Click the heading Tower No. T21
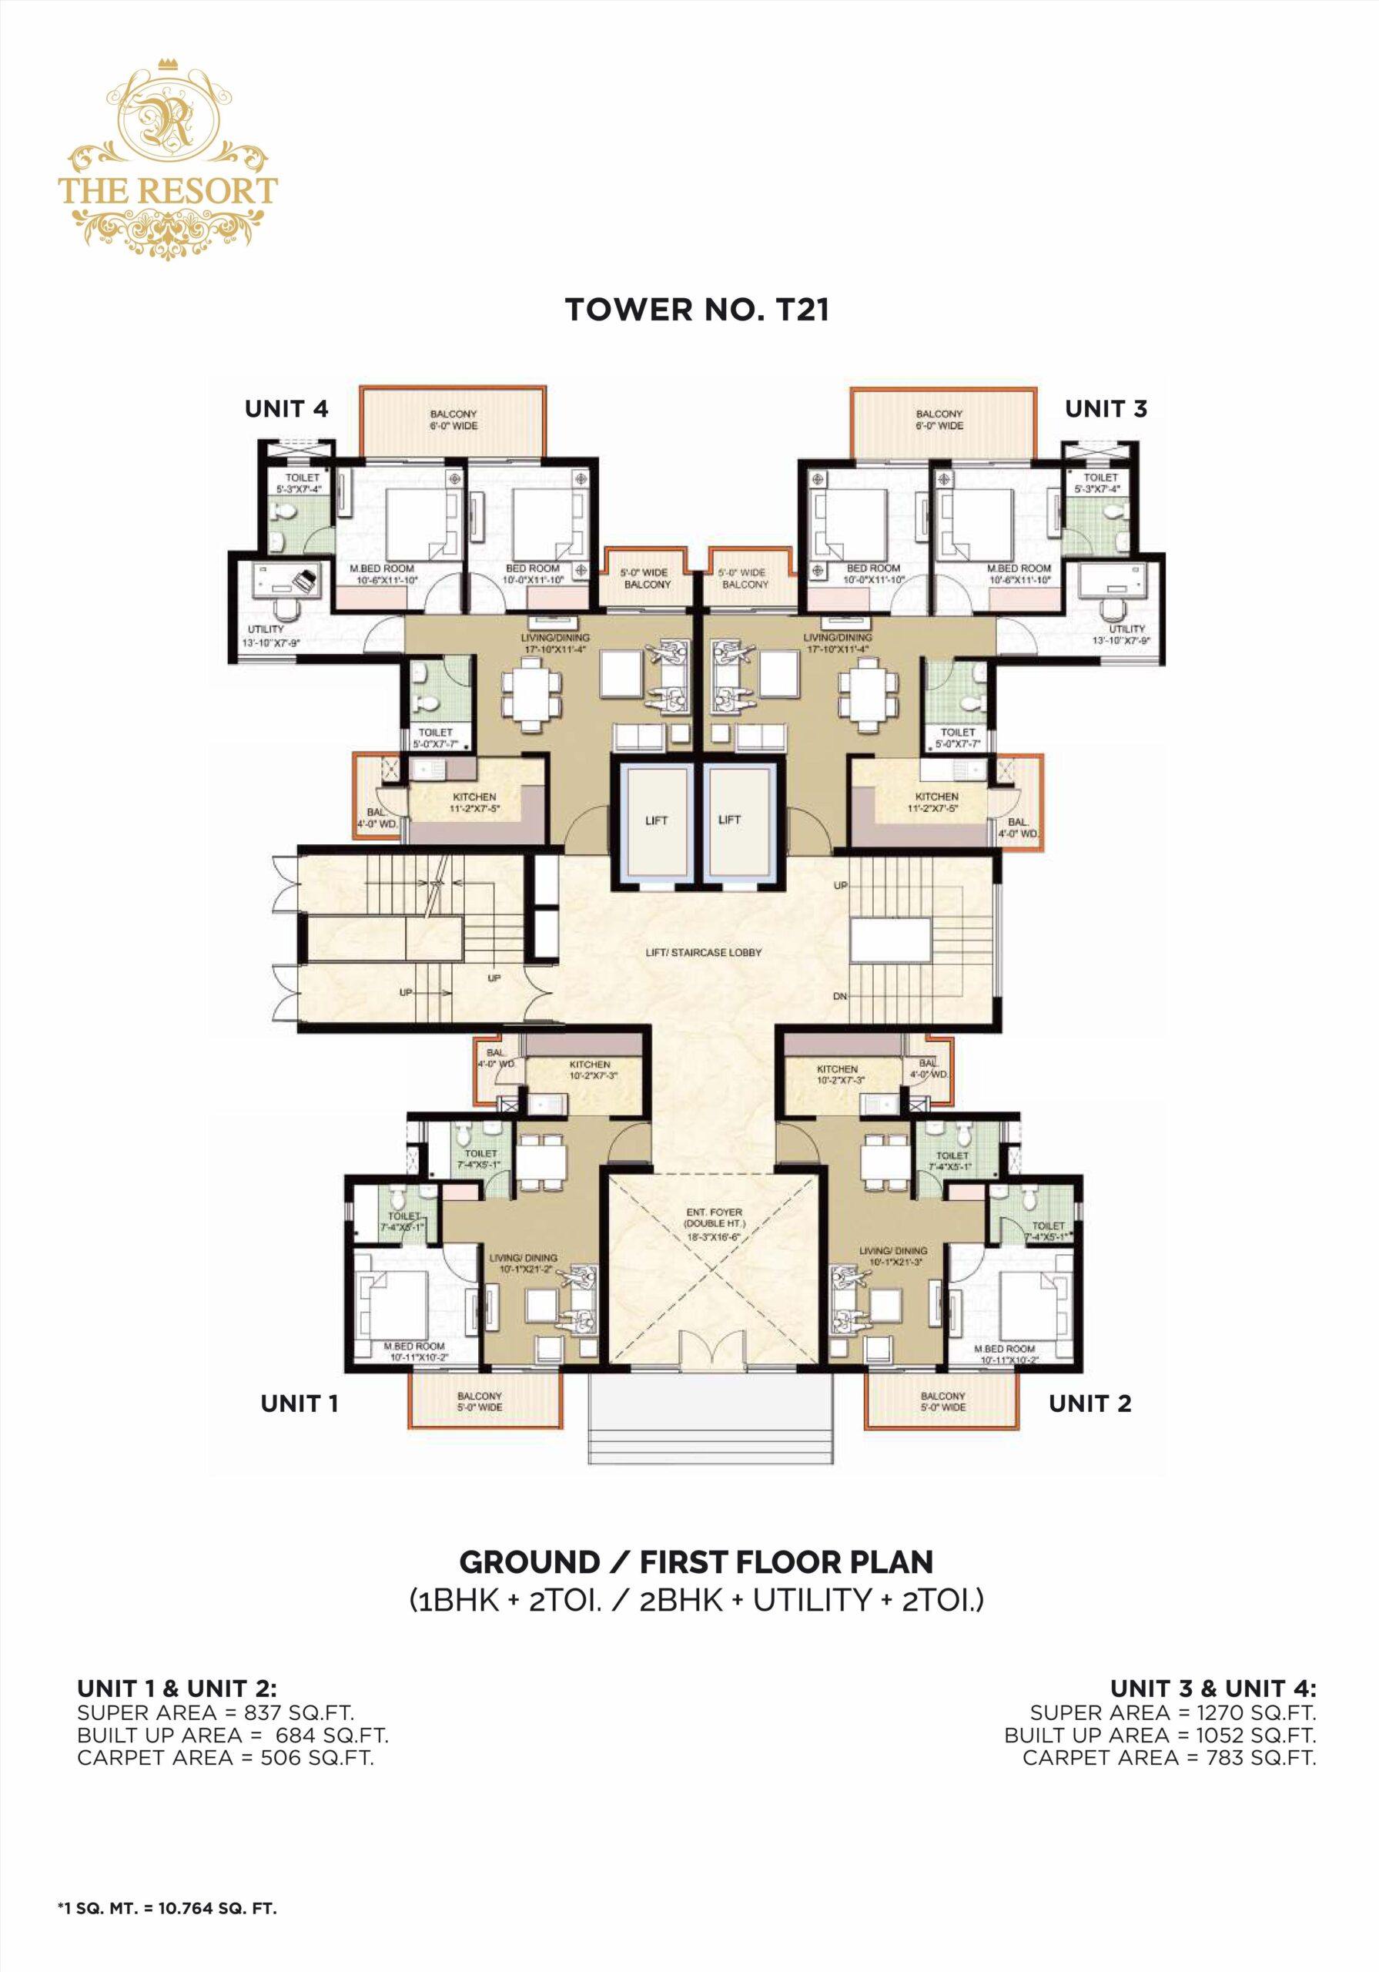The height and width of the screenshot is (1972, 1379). click(696, 310)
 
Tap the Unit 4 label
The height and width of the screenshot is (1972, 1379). click(286, 409)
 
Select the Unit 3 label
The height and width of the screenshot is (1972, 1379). click(1105, 409)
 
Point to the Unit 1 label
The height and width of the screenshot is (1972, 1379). click(299, 1404)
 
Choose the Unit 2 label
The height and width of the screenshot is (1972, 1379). click(1089, 1404)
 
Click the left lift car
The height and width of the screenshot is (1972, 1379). click(656, 821)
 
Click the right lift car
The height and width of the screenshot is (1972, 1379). click(729, 821)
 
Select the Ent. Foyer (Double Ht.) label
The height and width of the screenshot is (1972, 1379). click(714, 1224)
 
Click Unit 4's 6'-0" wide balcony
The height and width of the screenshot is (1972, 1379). click(454, 420)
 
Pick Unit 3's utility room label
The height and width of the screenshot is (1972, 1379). click(1126, 635)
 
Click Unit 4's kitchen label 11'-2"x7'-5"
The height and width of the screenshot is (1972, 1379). click(474, 802)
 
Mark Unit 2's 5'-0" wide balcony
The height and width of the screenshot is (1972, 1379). click(942, 1401)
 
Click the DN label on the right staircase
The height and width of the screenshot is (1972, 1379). click(840, 996)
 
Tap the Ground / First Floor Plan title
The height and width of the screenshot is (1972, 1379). click(696, 1561)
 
